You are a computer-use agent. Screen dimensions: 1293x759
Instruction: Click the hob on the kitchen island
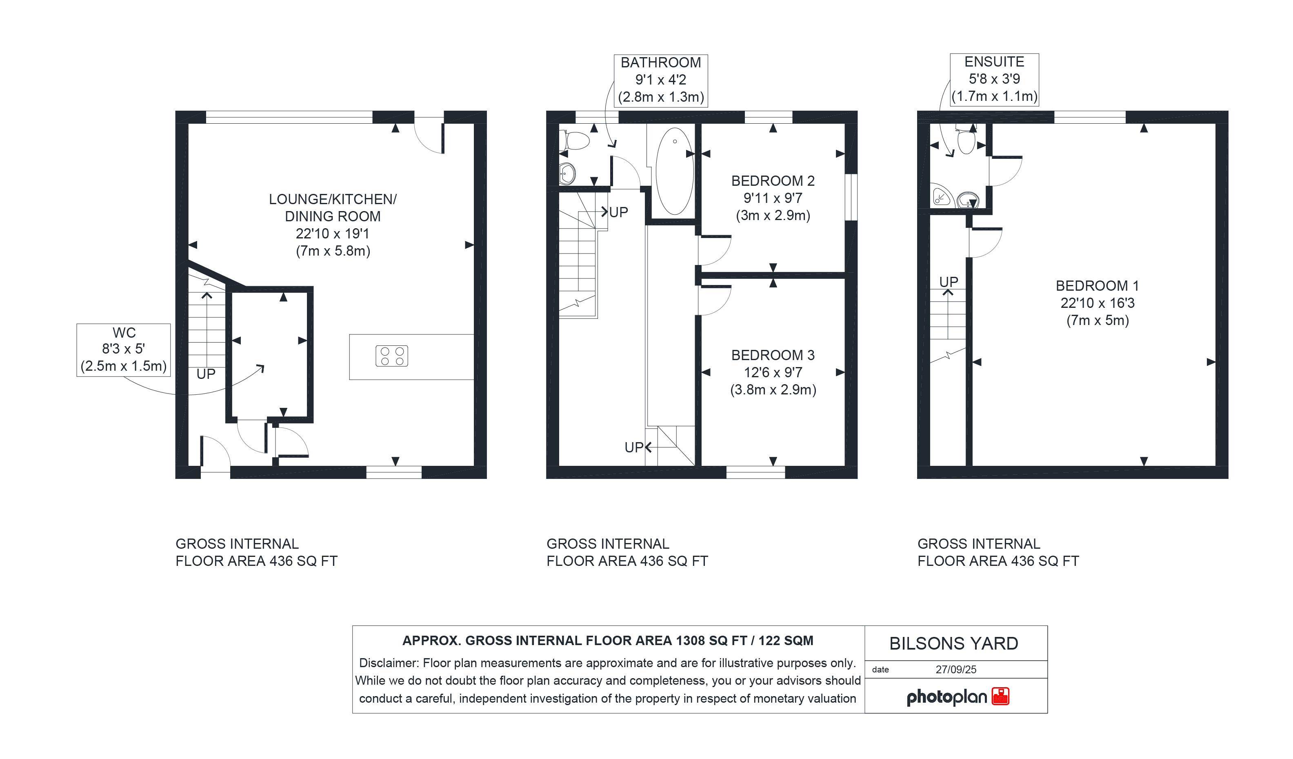coord(391,356)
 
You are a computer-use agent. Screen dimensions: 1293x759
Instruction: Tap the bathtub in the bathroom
coord(674,171)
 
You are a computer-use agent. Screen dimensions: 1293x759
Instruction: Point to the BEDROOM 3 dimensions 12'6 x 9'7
coord(773,373)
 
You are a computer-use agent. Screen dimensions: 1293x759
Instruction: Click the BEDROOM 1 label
coord(1097,286)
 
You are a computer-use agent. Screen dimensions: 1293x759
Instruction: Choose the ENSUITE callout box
coord(994,80)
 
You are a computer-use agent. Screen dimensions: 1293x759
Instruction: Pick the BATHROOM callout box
coord(661,80)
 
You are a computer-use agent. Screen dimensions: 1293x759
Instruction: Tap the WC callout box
coord(124,350)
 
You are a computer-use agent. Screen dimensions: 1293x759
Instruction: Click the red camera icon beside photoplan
coord(1000,697)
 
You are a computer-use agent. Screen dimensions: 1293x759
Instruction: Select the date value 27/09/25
coord(956,670)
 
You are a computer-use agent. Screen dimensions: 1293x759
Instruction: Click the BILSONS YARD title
coord(954,643)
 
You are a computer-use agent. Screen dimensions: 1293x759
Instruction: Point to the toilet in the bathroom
coord(577,140)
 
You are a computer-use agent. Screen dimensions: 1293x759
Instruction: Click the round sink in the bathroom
coord(567,174)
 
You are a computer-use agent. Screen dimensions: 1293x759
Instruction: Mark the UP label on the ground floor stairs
coord(206,374)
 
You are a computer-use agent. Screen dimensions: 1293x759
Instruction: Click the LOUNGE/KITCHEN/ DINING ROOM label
coord(333,208)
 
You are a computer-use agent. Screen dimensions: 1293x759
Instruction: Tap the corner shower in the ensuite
coord(942,196)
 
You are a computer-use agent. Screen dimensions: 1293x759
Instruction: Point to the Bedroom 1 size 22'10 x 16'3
coord(1097,303)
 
